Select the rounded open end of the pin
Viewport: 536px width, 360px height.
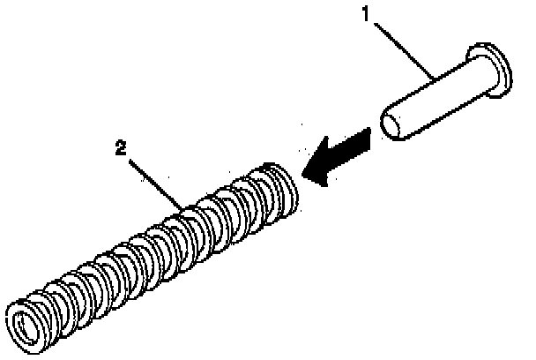395,123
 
